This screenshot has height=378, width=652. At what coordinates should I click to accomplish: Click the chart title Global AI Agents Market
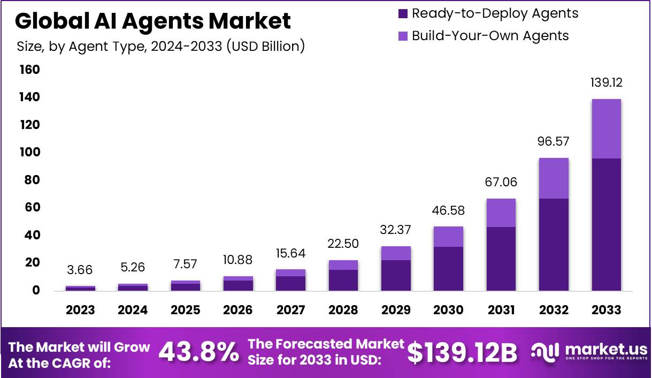point(153,21)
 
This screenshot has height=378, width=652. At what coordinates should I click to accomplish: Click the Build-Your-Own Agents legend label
point(490,36)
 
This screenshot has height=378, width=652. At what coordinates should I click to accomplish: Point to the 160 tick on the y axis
point(30,70)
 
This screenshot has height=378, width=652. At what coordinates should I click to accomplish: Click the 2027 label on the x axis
point(290,310)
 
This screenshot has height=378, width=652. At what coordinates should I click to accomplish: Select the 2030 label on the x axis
point(448,310)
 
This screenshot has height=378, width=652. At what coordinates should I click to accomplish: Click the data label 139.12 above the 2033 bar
point(606,83)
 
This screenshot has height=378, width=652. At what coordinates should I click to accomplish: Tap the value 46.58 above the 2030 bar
point(448,210)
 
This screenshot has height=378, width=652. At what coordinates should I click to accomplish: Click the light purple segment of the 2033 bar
point(606,128)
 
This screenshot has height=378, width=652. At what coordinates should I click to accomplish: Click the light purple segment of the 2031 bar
point(501,213)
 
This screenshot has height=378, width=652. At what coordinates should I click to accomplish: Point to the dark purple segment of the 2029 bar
point(396,275)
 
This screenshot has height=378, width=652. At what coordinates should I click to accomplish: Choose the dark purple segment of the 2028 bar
point(343,280)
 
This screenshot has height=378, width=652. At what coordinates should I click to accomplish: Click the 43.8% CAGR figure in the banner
point(199,352)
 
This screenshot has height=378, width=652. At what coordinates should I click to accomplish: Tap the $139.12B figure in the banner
point(463,352)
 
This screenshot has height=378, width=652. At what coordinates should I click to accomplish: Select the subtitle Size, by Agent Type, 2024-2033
point(160,47)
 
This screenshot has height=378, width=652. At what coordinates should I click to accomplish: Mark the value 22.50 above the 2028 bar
point(343,244)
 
